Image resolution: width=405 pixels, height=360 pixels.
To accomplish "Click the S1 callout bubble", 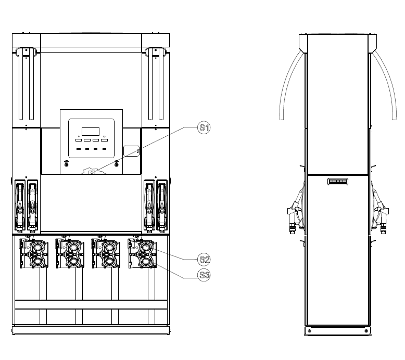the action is click(204, 128).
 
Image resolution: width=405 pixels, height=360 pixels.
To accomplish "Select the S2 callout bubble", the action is click(204, 260).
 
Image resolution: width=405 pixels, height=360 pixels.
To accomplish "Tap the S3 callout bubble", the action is click(204, 275).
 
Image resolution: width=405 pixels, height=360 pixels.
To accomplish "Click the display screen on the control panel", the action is click(91, 131).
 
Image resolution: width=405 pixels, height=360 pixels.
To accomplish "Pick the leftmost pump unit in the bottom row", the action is click(34, 253).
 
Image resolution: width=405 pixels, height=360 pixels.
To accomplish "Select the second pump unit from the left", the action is click(70, 253).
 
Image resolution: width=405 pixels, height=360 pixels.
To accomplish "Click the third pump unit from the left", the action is click(106, 253).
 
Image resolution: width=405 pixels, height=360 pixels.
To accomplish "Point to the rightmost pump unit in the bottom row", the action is click(142, 253).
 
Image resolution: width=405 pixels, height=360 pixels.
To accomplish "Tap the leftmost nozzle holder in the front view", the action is click(20, 205).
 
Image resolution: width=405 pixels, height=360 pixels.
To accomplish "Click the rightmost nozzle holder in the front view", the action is click(162, 205).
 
